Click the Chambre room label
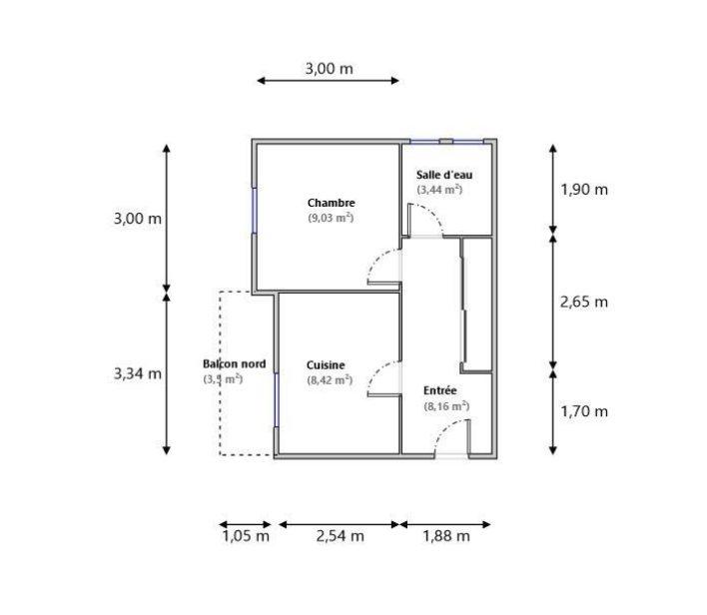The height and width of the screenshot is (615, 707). click(x=332, y=203)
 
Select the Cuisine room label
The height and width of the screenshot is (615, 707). click(x=327, y=365)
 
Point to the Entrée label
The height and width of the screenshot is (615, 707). click(x=440, y=390)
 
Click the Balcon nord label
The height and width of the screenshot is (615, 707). click(x=234, y=364)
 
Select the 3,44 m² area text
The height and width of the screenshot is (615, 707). click(x=439, y=189)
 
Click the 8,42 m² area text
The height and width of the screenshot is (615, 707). click(x=329, y=379)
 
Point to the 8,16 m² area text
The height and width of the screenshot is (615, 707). click(x=446, y=405)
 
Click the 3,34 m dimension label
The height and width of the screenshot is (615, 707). click(x=137, y=373)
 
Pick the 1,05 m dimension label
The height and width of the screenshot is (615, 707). click(x=246, y=536)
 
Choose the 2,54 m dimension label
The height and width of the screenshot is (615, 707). click(x=340, y=536)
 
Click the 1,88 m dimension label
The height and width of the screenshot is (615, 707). click(x=444, y=536)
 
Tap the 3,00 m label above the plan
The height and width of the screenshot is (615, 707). click(x=329, y=69)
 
